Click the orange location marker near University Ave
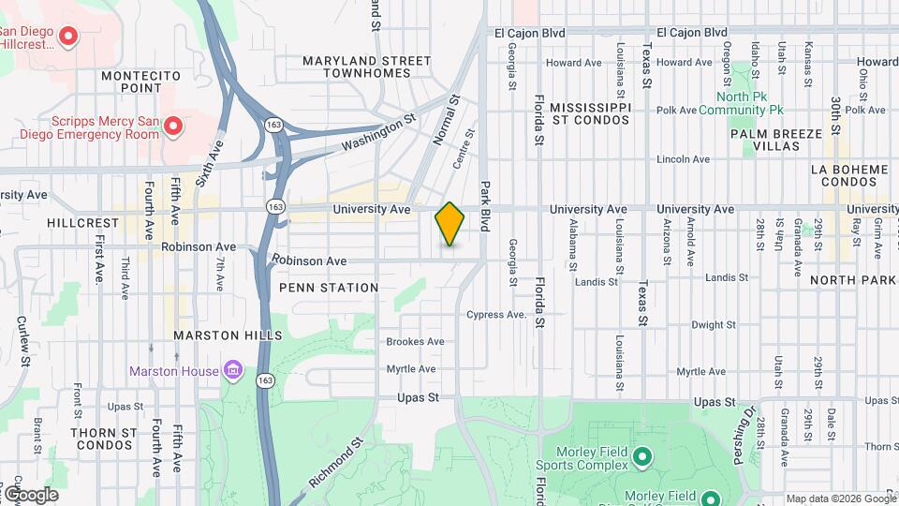[x=449, y=223]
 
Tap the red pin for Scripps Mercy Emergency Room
[x=172, y=125]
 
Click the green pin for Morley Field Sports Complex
[x=641, y=457]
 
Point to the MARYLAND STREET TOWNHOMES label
[x=366, y=67]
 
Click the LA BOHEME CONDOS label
[x=854, y=175]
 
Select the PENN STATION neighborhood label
[x=328, y=288]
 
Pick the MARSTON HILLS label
[x=228, y=335]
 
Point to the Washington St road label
[x=378, y=134]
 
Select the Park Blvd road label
[x=486, y=202]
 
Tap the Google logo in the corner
[x=31, y=495]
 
